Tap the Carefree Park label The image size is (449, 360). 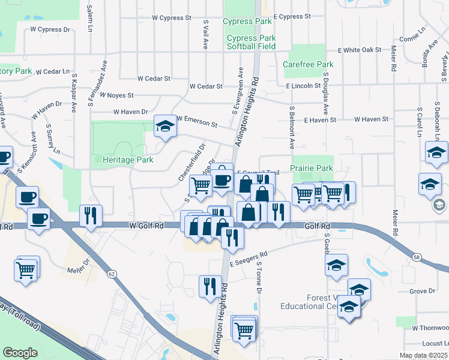[x=308, y=64]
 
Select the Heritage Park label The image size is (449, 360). [x=128, y=160]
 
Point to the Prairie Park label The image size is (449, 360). [x=311, y=169]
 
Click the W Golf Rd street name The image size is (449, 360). [x=146, y=226]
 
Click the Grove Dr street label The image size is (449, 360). [x=422, y=292]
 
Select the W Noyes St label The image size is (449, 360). [x=116, y=95]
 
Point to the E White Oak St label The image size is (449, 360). [x=360, y=50]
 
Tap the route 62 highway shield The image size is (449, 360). [x=112, y=274]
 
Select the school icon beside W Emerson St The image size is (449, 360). [x=163, y=127]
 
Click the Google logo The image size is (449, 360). [x=20, y=353]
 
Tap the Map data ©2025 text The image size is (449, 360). [x=423, y=355]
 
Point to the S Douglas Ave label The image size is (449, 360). [x=326, y=94]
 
